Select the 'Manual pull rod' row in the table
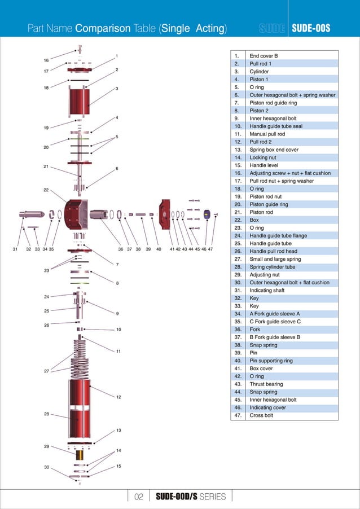(x=267, y=134)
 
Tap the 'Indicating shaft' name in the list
(x=267, y=291)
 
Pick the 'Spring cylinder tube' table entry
(x=272, y=267)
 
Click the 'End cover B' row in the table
(x=264, y=56)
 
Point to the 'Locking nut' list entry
(x=262, y=158)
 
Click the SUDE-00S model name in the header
(x=310, y=28)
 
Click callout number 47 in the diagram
(x=210, y=248)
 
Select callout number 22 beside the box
(x=45, y=190)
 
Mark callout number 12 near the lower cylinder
(x=118, y=397)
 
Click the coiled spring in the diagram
(x=79, y=358)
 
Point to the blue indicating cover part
(x=207, y=214)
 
